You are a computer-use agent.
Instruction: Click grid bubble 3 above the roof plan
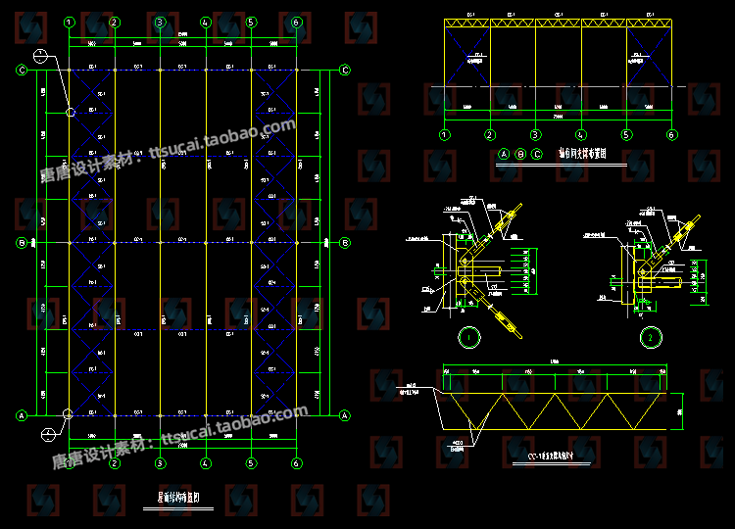160,22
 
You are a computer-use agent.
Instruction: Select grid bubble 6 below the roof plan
296,463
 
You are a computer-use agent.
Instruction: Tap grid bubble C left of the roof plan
21,70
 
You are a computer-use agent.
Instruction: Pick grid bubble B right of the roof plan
345,243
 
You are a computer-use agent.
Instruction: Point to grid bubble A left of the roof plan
21,415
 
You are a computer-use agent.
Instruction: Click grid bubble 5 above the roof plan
251,22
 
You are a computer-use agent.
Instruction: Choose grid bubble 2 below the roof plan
115,463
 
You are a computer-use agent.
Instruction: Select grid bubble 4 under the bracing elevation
580,135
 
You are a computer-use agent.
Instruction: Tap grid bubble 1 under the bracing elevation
445,135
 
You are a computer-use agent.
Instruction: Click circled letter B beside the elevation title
520,155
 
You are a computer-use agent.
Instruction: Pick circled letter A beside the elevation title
504,155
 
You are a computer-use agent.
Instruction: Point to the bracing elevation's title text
583,155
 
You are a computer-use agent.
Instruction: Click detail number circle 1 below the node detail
469,338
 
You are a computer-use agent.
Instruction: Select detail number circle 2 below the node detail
651,338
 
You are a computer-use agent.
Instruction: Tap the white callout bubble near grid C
39,56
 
